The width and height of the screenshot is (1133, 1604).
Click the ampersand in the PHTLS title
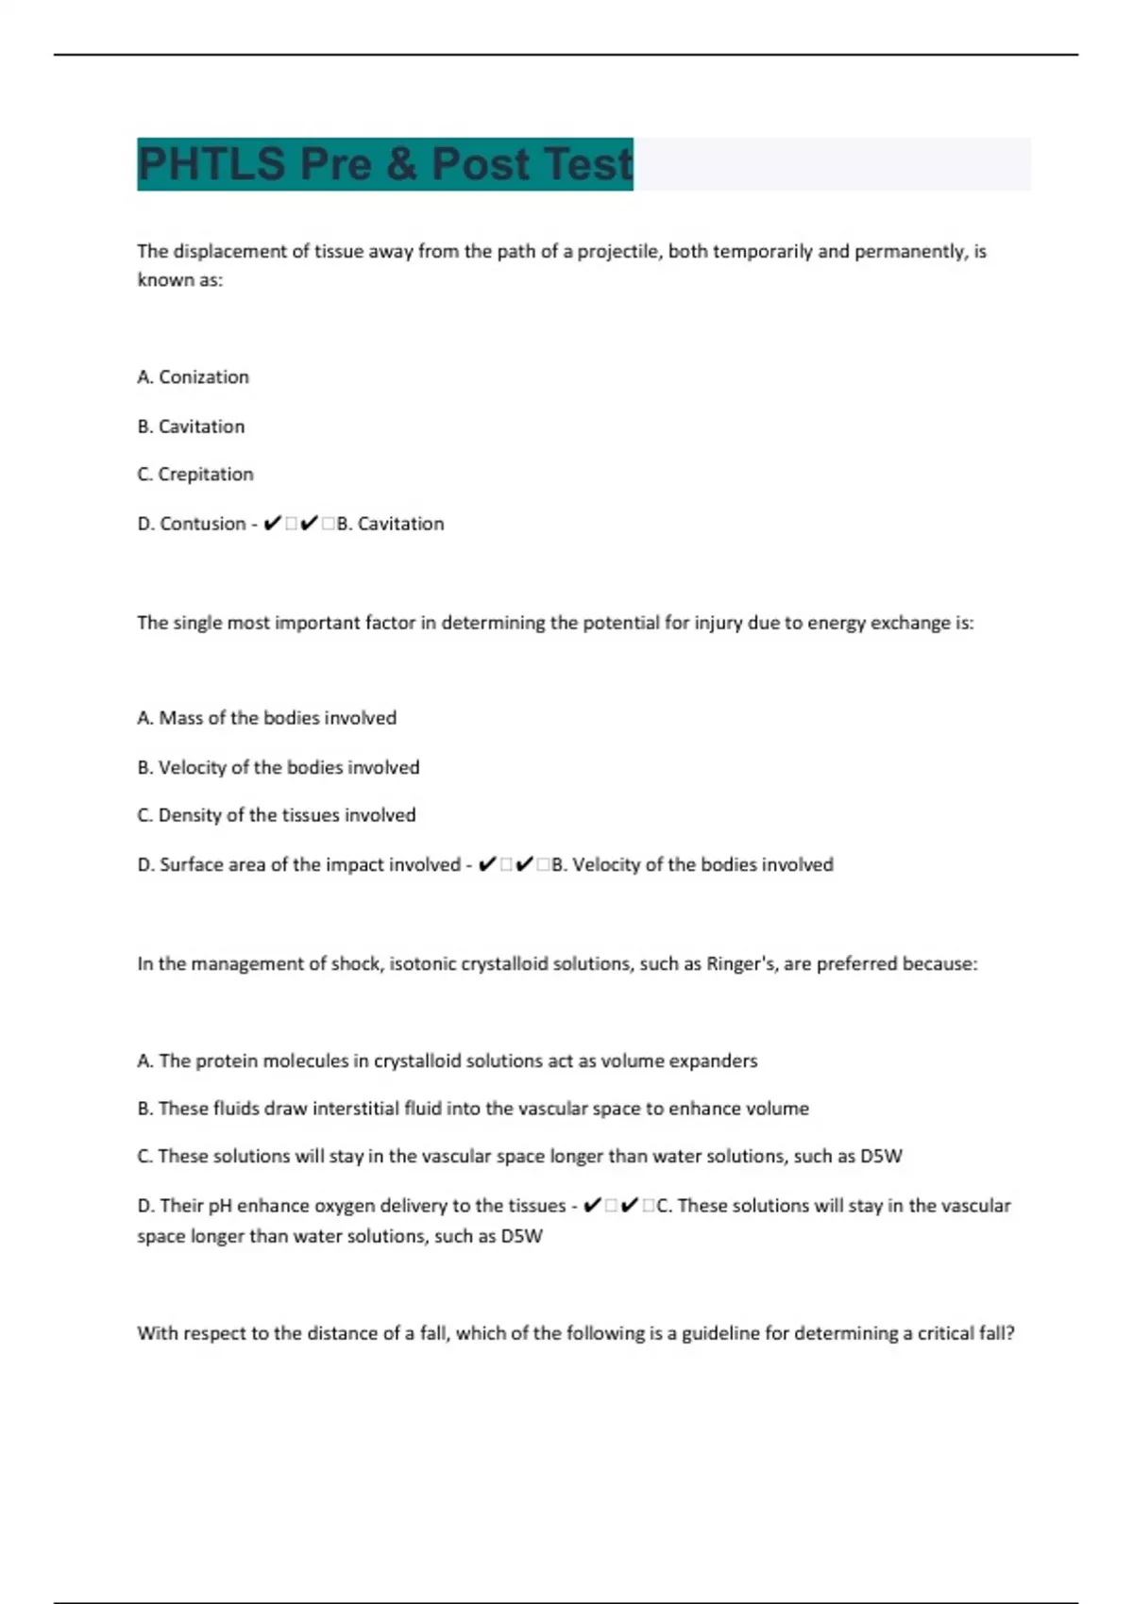400,164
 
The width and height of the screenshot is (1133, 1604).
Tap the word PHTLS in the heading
211,164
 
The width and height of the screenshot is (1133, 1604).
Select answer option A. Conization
193,377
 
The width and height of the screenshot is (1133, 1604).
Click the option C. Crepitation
194,475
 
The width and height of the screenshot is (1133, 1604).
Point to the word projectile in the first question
617,252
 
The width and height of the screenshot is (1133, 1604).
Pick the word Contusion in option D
202,524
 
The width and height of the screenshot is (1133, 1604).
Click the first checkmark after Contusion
272,524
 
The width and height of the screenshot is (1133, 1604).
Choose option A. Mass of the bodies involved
266,718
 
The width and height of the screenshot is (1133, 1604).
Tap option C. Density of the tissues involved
276,815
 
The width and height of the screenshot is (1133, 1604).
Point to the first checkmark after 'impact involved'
487,865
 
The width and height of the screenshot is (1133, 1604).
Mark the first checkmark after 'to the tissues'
592,1206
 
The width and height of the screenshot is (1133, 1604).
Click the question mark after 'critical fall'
1010,1334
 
